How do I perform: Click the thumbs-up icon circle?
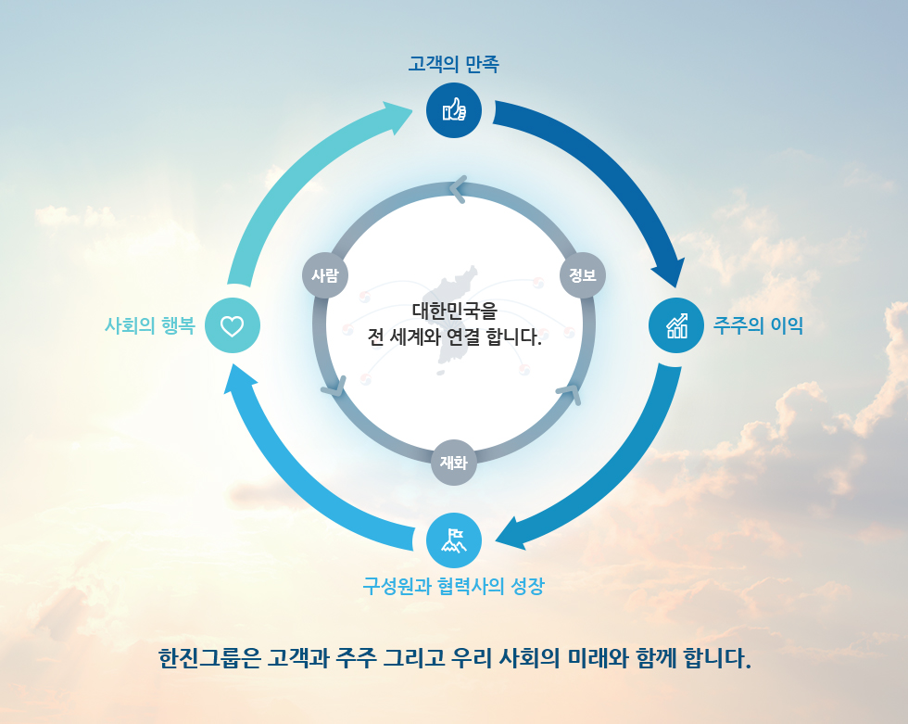click(454, 110)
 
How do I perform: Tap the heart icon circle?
click(233, 325)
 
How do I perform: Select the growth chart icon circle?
click(676, 325)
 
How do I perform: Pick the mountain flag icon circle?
click(454, 540)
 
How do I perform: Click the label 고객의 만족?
click(453, 64)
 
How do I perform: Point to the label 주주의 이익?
click(758, 325)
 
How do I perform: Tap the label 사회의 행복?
click(150, 325)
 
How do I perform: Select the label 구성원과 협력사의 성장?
click(453, 586)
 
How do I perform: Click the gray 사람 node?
click(325, 275)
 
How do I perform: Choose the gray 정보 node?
click(583, 275)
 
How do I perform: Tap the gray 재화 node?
click(454, 463)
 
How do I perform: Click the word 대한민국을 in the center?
click(455, 311)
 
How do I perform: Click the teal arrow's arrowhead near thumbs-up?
click(397, 116)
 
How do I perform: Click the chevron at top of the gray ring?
click(458, 189)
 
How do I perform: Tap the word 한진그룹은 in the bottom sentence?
click(209, 658)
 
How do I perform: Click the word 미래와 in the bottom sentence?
click(598, 658)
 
